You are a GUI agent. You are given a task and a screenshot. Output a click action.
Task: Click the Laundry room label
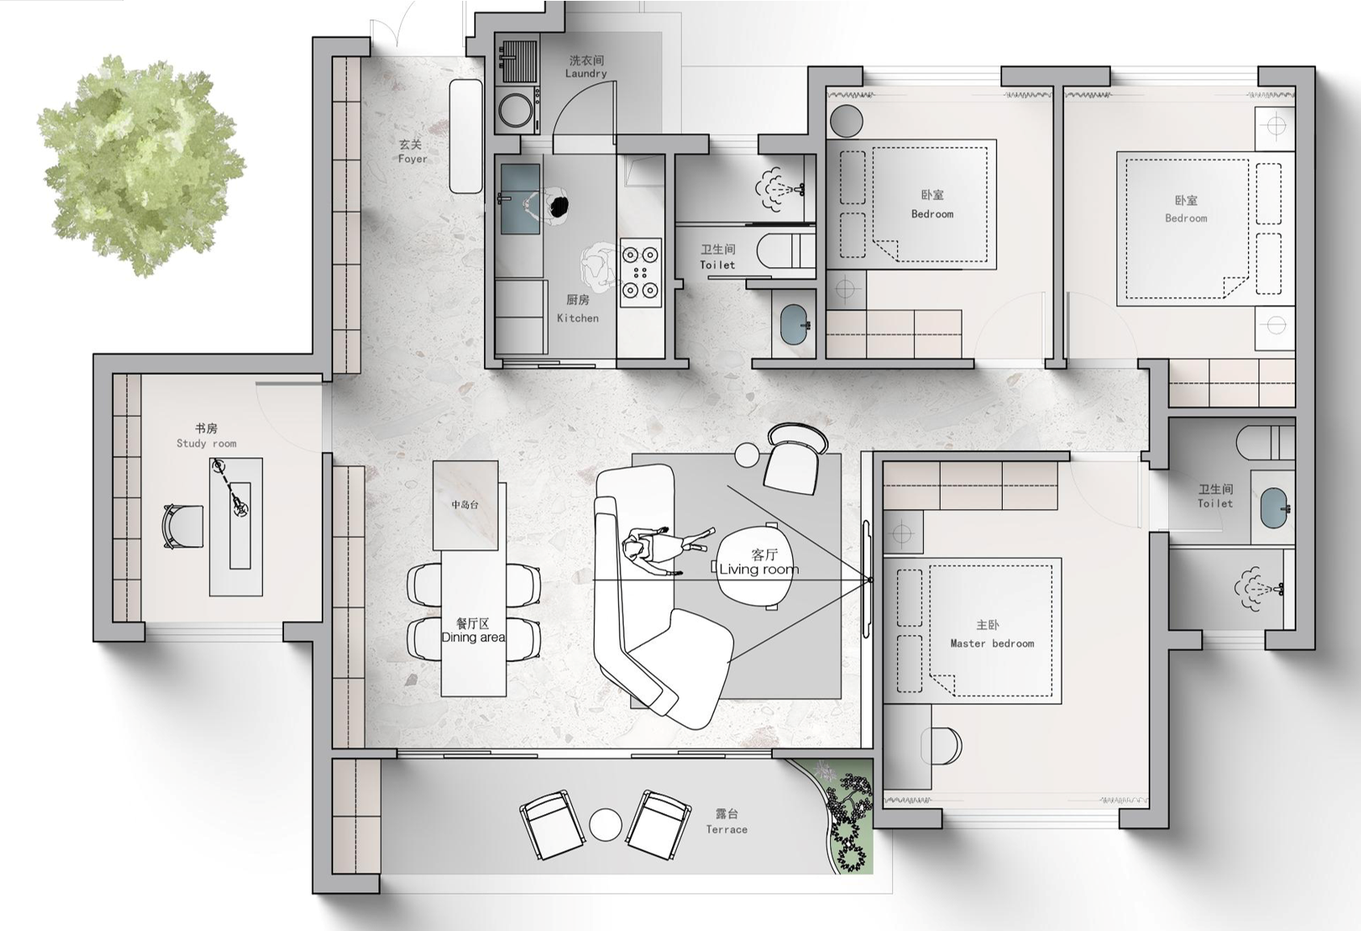point(587,67)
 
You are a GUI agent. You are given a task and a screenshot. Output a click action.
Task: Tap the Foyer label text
point(412,152)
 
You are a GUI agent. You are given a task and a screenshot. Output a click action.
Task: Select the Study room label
point(207,436)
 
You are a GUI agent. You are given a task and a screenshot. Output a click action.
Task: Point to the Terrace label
point(727,821)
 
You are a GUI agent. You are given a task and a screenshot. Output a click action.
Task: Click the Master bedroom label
point(992,634)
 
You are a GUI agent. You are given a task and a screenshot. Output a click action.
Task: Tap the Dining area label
point(473,631)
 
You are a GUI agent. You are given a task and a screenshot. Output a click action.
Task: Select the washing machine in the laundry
point(516,110)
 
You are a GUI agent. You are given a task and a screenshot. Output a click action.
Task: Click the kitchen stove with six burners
point(641,272)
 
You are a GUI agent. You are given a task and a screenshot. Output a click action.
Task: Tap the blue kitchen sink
point(520,198)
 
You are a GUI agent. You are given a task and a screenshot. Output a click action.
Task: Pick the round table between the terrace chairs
point(605,825)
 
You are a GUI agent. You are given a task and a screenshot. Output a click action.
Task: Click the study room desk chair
point(182,526)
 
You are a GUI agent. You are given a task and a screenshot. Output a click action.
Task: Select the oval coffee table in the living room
point(755,563)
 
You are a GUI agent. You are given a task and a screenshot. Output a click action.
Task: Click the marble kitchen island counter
point(465,506)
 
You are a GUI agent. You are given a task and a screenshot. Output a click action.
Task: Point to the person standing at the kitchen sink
point(549,207)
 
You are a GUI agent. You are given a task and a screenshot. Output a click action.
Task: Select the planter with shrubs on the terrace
point(841,814)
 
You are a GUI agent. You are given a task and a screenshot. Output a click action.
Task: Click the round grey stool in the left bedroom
point(845,121)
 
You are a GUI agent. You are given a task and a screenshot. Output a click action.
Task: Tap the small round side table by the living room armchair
point(747,455)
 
